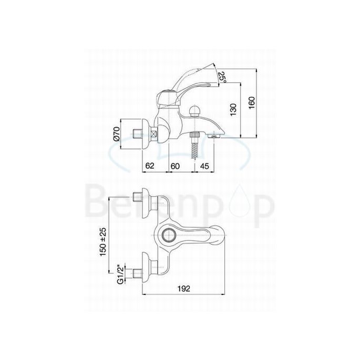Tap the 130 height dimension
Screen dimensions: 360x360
pos(233,110)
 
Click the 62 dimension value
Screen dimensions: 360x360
pos(150,166)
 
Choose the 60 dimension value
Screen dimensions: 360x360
pos(176,166)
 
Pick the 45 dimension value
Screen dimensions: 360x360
pos(204,166)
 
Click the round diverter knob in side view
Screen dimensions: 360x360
pos(195,111)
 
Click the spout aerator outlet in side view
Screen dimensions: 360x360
pos(214,136)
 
